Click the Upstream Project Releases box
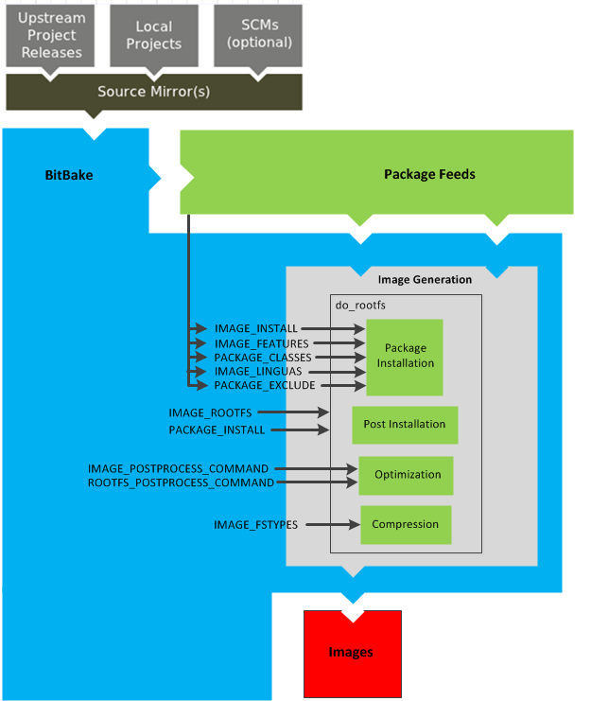[51, 35]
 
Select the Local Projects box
[154, 35]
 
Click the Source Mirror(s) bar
[154, 92]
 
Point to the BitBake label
[69, 175]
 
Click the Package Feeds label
[429, 174]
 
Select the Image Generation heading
[425, 279]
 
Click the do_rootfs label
[360, 305]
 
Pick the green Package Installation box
[405, 356]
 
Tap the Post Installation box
[405, 425]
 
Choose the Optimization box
[407, 475]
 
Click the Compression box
[406, 524]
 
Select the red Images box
[352, 653]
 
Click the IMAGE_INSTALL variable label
[255, 329]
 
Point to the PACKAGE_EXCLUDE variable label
[265, 386]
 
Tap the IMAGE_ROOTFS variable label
[210, 412]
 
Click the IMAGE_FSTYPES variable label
[255, 525]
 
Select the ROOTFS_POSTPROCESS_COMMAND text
[181, 482]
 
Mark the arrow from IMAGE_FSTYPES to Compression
[331, 525]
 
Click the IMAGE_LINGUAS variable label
[258, 372]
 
